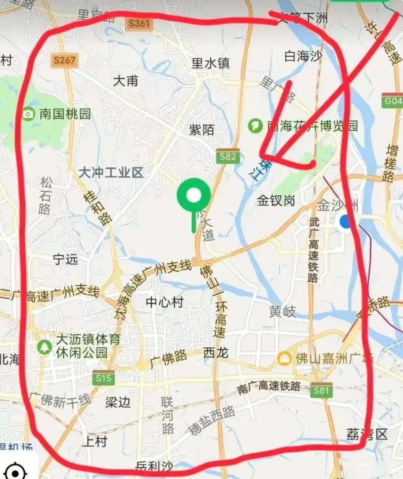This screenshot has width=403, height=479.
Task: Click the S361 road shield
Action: pos(139,23)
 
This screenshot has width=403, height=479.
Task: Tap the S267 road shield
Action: pos(64,61)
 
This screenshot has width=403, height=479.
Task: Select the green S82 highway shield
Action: pos(228,157)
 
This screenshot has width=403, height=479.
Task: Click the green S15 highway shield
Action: pos(103,378)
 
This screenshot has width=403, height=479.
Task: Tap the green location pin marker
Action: pos(193,196)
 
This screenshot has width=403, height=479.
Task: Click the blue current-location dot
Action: pos(346,221)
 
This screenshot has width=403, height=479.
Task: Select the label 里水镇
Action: pos(211,63)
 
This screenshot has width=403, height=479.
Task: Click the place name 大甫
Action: pos(126,81)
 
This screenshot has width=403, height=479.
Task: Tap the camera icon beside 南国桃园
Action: pos(28,114)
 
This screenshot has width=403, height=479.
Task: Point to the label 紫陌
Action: pos(201,130)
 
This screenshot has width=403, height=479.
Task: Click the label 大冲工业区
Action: pos(111,172)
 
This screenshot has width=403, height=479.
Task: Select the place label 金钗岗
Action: pos(276,201)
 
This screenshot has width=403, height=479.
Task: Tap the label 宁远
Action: pos(66,259)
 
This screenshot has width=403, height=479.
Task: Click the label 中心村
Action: pos(164,302)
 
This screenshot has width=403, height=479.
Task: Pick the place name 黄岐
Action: pos(282,311)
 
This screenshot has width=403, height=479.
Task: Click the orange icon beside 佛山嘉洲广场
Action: pos(285,358)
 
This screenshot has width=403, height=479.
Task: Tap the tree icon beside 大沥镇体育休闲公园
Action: pos(44,346)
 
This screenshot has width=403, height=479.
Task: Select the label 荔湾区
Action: pos(367,434)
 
